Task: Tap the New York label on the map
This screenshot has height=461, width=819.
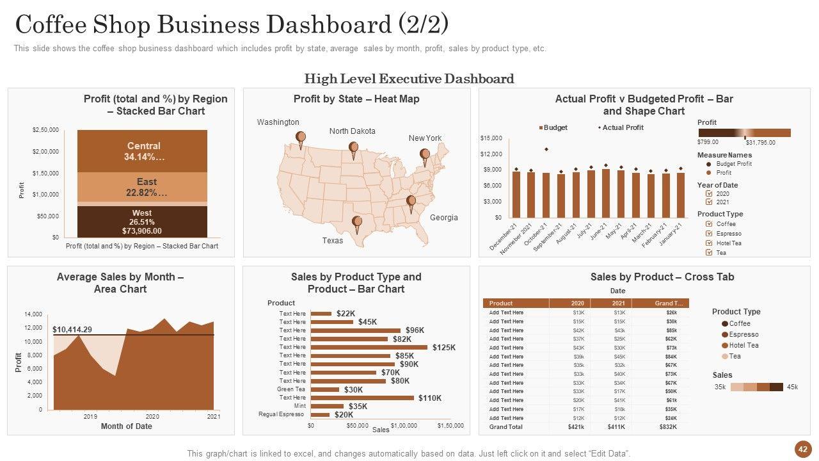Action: pos(425,138)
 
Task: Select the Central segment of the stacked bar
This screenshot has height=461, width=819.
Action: pos(143,151)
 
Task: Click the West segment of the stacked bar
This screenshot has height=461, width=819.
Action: pos(142,222)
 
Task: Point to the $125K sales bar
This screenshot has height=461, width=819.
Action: pos(369,347)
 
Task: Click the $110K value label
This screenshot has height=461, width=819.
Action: pos(430,398)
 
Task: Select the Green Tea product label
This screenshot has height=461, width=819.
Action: pos(291,389)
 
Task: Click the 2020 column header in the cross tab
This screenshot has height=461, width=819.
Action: pos(577,303)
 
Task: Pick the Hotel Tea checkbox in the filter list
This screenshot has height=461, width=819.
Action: pos(709,243)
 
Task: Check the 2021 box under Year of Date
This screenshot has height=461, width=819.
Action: pos(709,202)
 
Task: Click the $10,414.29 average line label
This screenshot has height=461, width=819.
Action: pos(72,330)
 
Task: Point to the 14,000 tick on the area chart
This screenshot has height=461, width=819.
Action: pos(33,314)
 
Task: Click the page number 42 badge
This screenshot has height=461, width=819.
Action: pos(802,449)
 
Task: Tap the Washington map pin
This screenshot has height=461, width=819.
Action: pos(301,137)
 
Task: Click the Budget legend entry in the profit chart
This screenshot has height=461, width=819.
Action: pos(554,127)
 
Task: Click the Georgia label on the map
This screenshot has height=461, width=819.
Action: pos(443,218)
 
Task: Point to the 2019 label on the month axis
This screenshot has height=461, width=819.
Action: pos(90,417)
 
